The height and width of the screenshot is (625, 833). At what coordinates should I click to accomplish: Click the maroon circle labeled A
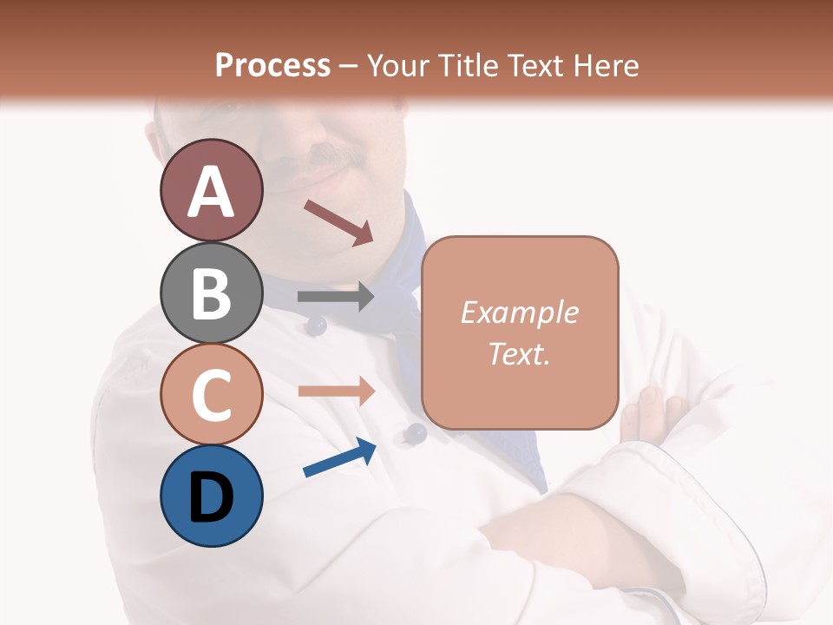point(211,190)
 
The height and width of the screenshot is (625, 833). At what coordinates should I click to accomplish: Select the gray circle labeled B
point(211,293)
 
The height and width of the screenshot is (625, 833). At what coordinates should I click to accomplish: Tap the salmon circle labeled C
point(211,395)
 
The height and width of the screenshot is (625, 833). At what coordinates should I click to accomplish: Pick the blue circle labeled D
point(211,497)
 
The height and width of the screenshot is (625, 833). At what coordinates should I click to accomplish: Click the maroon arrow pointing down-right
point(339,221)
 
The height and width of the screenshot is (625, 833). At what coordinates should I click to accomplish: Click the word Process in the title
point(272,65)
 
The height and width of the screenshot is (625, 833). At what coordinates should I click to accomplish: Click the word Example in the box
point(519,312)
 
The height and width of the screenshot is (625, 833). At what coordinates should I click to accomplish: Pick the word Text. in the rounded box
point(519,353)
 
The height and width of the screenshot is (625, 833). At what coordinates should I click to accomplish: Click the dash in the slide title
point(349,66)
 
